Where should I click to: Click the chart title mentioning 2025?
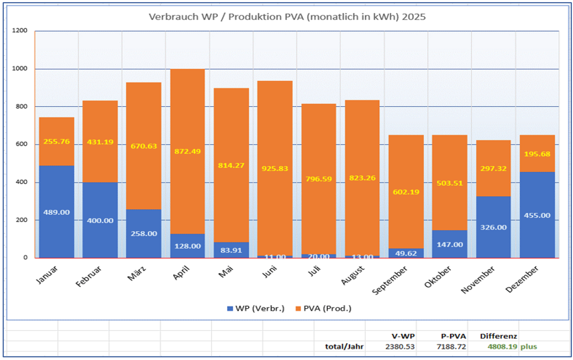tap(287, 17)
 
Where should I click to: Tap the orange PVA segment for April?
tap(187, 151)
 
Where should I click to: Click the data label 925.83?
tap(274, 169)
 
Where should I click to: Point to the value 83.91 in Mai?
tap(231, 250)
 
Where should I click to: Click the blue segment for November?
tap(493, 227)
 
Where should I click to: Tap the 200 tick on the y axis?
tap(21, 220)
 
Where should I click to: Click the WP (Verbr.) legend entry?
tap(256, 308)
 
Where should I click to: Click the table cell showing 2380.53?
tap(400, 346)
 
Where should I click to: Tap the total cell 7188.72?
tap(451, 346)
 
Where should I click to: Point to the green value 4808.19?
tap(502, 346)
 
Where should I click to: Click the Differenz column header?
tap(498, 336)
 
